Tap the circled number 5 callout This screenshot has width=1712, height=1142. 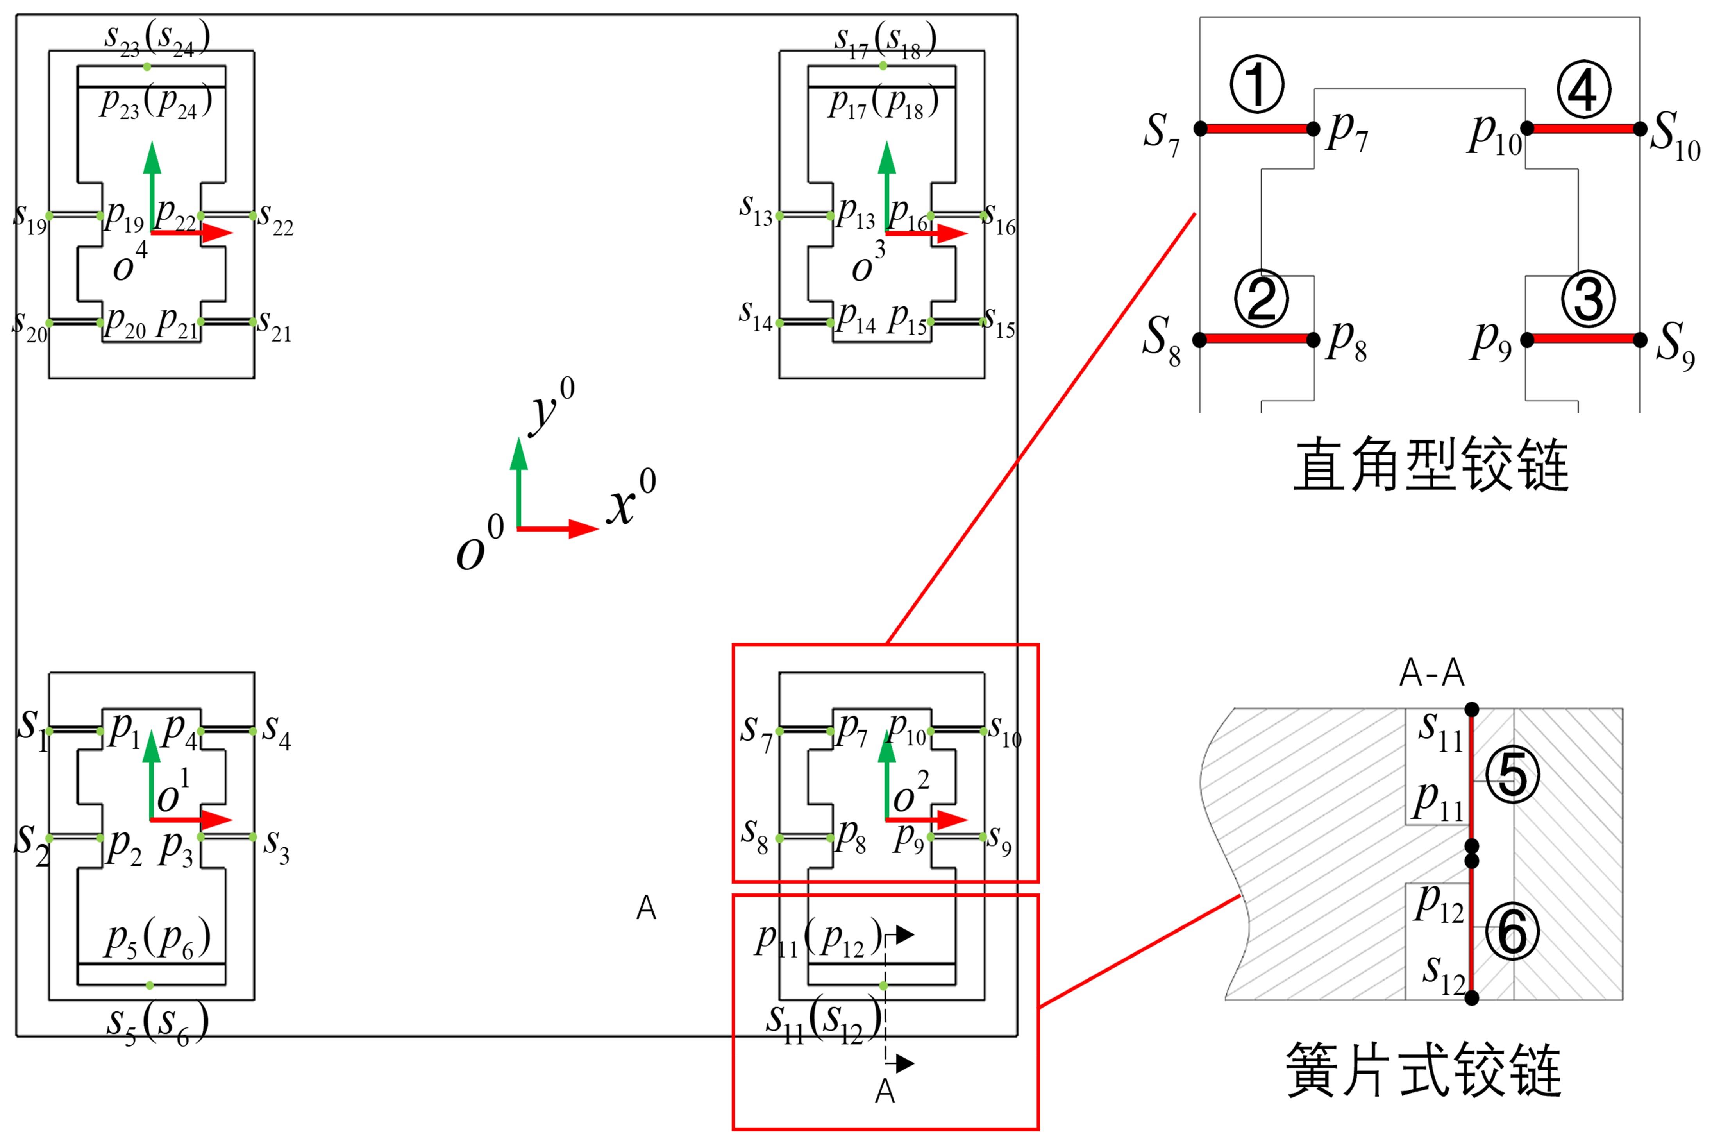coord(1513,777)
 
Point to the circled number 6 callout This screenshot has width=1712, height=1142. coord(1513,933)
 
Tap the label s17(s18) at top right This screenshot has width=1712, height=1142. coord(885,40)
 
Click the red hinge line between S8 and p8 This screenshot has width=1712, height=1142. coord(1257,339)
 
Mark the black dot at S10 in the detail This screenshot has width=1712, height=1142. coord(1640,129)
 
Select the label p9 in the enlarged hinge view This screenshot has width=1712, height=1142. coord(1491,341)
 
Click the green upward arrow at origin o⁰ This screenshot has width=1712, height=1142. coord(518,481)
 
